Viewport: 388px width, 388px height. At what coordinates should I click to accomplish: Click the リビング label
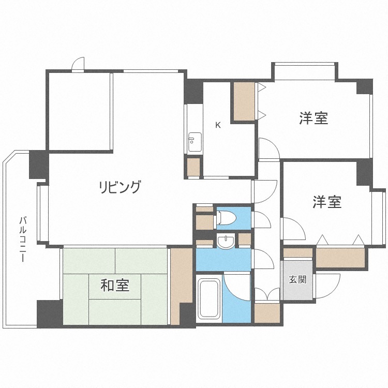coord(120,187)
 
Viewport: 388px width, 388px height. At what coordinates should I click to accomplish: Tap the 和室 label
coord(115,286)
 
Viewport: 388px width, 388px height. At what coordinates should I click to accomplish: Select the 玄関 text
coord(297,279)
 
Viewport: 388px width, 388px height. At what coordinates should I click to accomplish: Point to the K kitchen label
coord(218,125)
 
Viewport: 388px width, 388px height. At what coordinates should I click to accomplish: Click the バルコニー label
coord(23,239)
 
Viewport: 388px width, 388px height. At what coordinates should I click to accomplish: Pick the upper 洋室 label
coord(314,118)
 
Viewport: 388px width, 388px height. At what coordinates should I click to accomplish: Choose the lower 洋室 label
coord(326,202)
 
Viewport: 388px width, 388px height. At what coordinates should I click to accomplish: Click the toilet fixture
coord(226,217)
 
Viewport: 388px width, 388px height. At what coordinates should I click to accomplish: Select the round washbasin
coord(226,241)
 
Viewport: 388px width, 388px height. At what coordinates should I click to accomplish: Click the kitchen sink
coord(195,142)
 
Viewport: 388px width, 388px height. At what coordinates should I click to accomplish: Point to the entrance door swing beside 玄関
coord(327,286)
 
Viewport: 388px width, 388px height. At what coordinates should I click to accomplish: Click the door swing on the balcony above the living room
coord(78,64)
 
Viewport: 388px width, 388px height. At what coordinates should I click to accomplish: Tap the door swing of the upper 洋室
coord(268,148)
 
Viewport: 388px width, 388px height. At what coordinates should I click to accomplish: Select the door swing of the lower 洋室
coord(294,229)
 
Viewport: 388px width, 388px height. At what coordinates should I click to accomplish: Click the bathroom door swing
coord(236,287)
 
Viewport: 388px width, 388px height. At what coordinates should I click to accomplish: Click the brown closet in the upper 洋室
coord(244,101)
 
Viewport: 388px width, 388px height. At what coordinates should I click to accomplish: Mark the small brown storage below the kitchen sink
coord(193,167)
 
